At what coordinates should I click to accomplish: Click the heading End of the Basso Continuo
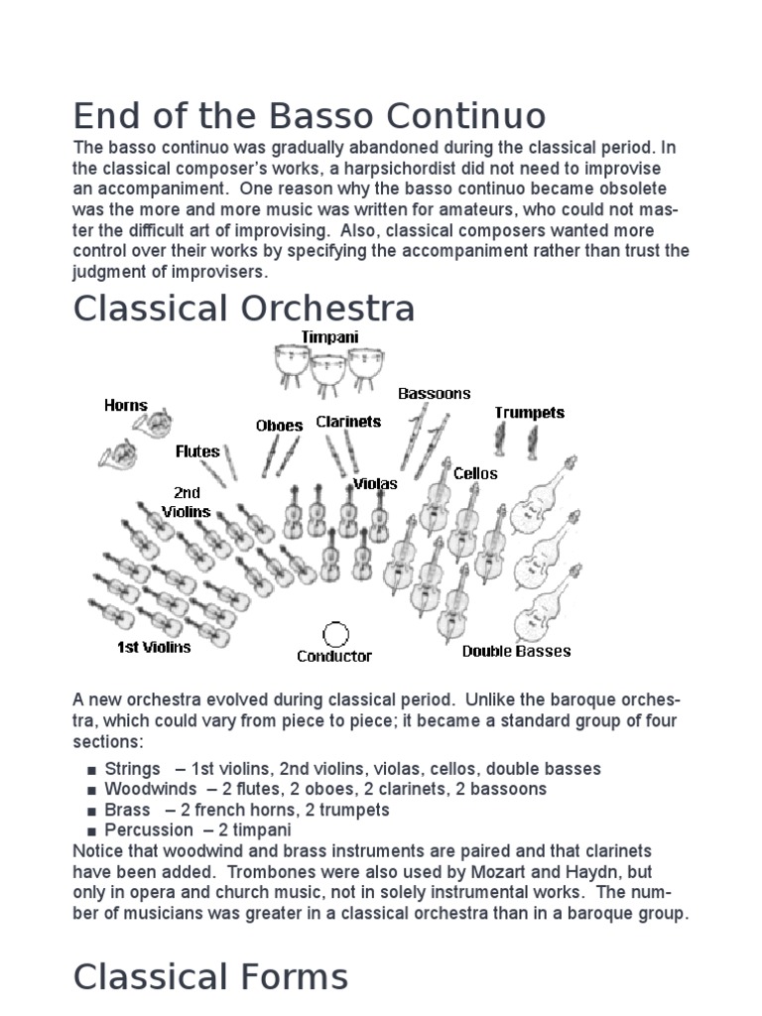pos(309,116)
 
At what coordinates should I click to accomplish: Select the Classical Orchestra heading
pos(243,309)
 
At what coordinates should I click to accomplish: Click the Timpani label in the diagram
pos(330,337)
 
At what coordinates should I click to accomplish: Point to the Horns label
pos(126,405)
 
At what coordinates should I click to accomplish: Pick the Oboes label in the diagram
pos(279,425)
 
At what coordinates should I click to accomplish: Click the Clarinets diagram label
pos(348,421)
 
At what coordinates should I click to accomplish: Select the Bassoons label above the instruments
pos(435,393)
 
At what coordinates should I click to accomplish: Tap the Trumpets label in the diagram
pos(530,412)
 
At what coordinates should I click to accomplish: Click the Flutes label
pos(197,450)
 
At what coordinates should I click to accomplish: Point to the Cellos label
pos(475,473)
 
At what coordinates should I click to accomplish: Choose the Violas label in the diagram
pos(375,483)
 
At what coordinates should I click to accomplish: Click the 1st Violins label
pos(154,647)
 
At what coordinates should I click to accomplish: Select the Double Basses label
pos(516,651)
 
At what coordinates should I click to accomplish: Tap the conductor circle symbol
pos(336,634)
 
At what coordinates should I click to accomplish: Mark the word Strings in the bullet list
pos(132,769)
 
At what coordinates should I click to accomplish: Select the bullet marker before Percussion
pos(91,830)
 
